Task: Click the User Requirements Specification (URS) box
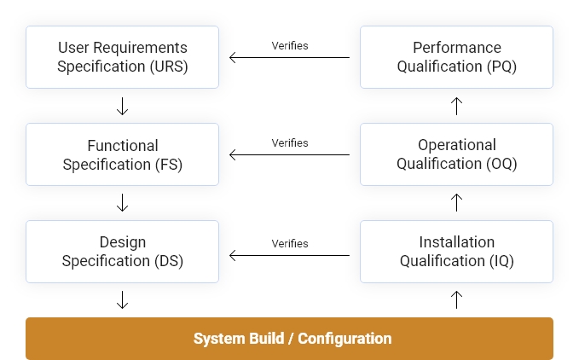click(122, 57)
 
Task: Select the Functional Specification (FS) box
click(122, 154)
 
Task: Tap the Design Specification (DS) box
click(122, 252)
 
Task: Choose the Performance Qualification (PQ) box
click(456, 57)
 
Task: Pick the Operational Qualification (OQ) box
click(456, 154)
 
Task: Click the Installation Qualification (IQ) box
click(456, 252)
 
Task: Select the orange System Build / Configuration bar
click(289, 339)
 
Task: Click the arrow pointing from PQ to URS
click(289, 58)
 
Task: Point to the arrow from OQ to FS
click(289, 155)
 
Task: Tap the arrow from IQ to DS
click(289, 255)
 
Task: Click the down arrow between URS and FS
click(122, 106)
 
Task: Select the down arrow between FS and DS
click(122, 203)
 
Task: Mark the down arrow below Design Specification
click(122, 299)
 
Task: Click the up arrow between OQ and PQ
click(456, 106)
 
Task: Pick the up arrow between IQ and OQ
click(456, 203)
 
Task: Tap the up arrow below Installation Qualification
click(456, 299)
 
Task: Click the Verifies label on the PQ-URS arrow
click(290, 45)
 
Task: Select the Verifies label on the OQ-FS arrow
click(290, 142)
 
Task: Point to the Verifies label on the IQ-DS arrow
click(290, 243)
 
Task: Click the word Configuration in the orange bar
click(345, 339)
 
